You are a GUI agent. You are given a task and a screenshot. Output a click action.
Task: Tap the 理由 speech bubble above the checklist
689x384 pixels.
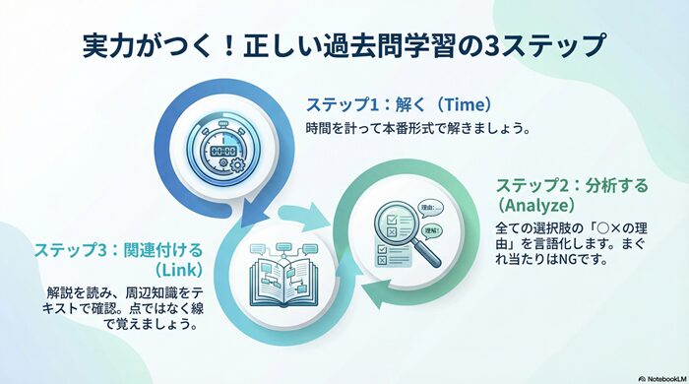click(x=430, y=208)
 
